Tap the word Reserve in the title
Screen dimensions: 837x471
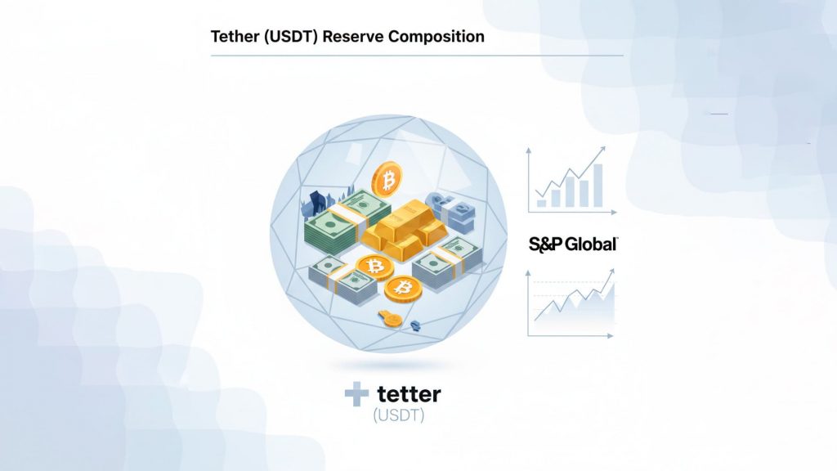tap(353, 36)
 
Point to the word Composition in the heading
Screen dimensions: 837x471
tap(436, 37)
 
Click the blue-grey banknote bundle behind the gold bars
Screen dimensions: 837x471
tap(453, 212)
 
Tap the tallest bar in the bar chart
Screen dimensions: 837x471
tap(598, 186)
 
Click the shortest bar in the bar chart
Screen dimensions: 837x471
tap(541, 204)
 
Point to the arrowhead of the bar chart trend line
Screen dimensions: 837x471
tap(602, 150)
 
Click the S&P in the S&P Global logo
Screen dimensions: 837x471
tap(545, 244)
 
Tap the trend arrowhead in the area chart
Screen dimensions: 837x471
tap(611, 271)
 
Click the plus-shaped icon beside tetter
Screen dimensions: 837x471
tap(356, 394)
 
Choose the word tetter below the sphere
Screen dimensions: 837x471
tap(409, 394)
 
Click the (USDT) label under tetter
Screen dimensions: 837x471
tap(399, 415)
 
